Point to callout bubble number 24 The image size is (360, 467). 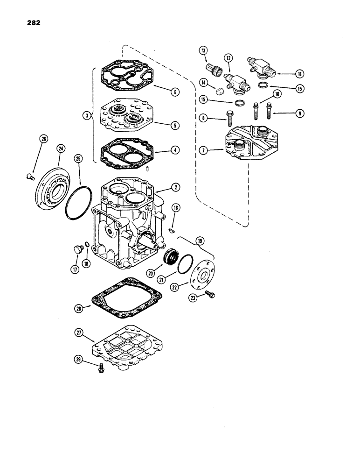coord(60,149)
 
